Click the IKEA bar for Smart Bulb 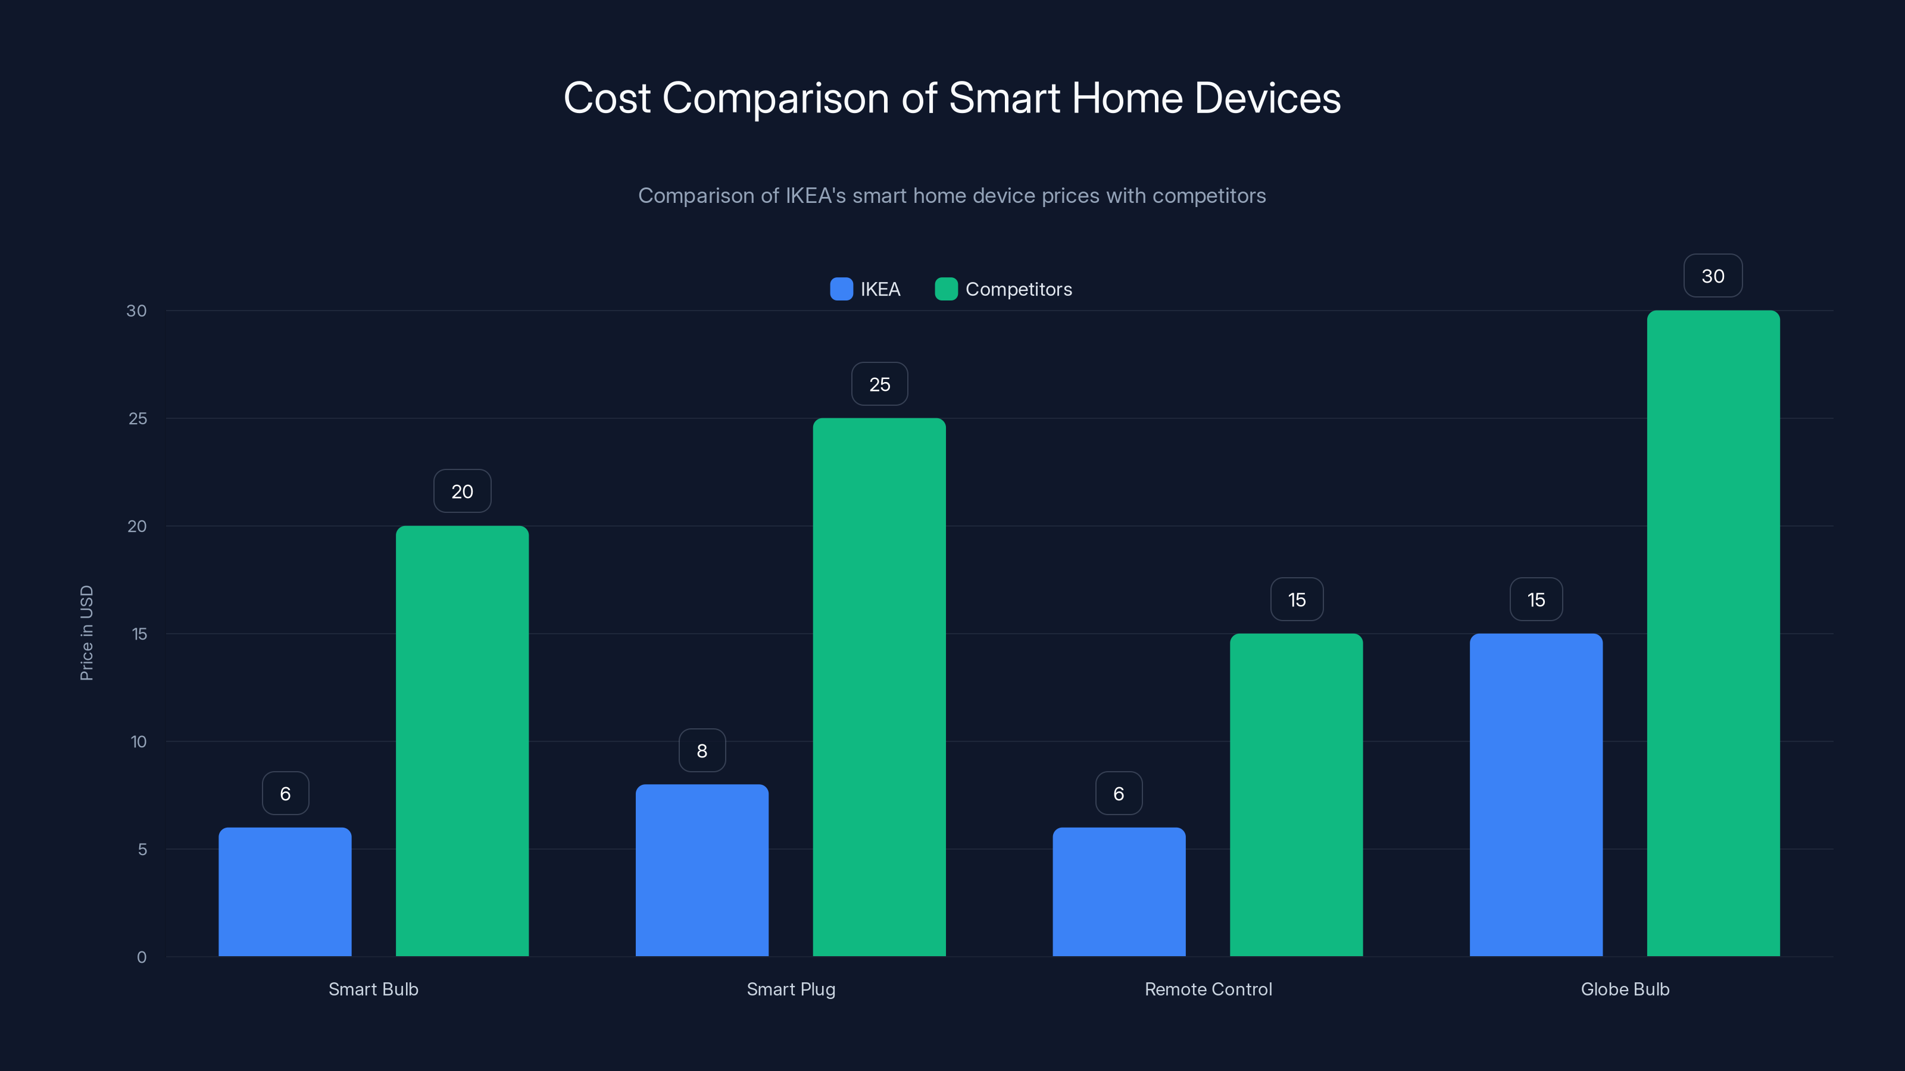coord(285,891)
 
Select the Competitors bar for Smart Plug coord(879,687)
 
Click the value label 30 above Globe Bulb coord(1713,275)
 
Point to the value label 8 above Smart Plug coord(702,751)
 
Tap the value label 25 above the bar coord(879,384)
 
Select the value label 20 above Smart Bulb coord(462,491)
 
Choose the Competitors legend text coord(1019,289)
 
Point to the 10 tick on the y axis coord(138,741)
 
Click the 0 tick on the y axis coord(141,957)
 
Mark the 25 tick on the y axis coord(138,418)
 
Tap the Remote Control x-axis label coord(1208,989)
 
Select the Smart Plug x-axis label coord(791,989)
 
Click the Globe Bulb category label coord(1625,989)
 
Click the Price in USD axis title coord(86,632)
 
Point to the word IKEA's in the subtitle coord(815,196)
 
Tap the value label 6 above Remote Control coord(1118,794)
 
